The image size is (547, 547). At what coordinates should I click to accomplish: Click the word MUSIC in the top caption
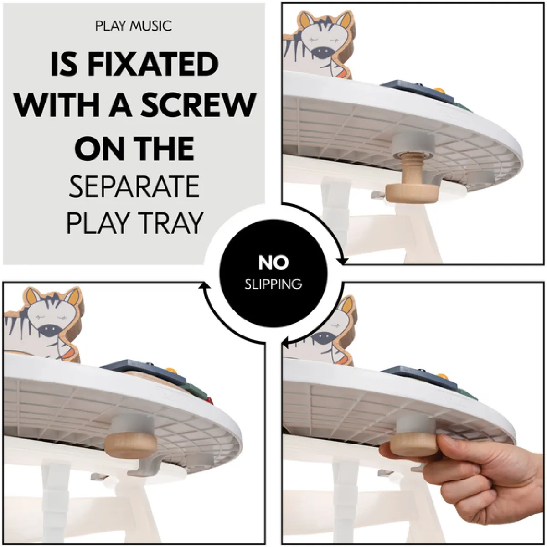coord(150,26)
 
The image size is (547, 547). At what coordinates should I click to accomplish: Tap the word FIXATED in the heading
coord(153,64)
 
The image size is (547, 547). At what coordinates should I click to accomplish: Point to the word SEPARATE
coord(134,186)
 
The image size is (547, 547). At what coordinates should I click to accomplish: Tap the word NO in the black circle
coord(273,262)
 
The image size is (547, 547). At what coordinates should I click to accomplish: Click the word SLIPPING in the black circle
coord(273,284)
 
